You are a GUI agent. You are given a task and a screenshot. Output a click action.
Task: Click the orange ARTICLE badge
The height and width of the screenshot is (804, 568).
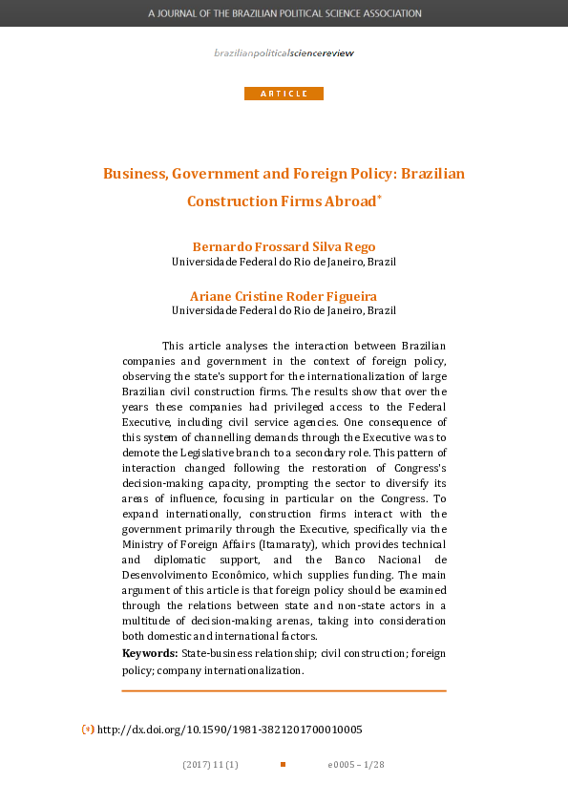(x=284, y=94)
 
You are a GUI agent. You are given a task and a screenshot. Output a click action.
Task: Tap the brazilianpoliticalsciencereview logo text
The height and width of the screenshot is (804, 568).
(x=284, y=53)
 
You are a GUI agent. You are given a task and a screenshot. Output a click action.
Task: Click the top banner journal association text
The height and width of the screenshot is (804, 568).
(x=284, y=14)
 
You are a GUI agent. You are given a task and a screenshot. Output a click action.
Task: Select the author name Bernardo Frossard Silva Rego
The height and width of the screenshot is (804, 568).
(x=284, y=246)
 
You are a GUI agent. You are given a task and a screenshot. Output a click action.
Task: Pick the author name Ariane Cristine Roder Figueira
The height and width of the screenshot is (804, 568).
(x=284, y=296)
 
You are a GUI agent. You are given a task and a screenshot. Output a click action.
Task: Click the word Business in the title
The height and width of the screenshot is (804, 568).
(x=133, y=174)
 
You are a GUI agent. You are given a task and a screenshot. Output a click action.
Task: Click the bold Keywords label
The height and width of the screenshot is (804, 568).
(x=150, y=653)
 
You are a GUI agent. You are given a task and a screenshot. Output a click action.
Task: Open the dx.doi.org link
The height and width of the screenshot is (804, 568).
(x=230, y=729)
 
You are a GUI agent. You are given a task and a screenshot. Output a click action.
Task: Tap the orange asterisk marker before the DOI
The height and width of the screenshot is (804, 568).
(x=87, y=729)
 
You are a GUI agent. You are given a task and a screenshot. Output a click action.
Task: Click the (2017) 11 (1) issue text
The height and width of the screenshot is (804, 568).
(x=210, y=765)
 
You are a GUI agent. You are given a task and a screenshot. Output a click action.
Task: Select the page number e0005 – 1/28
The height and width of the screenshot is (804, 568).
(x=356, y=765)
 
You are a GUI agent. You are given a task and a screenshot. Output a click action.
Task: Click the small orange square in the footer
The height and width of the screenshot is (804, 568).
(x=283, y=765)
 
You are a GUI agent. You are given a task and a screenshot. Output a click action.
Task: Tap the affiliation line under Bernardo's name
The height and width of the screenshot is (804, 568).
(x=284, y=261)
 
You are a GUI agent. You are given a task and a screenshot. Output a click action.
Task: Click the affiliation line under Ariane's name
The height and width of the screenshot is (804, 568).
(x=284, y=310)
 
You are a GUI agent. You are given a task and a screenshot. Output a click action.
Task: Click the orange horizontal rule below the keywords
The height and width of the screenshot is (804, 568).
(x=284, y=690)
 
